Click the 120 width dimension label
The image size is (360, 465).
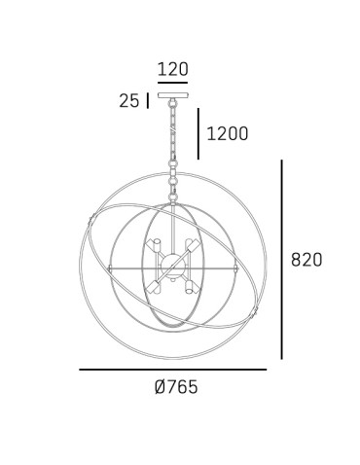click(172, 69)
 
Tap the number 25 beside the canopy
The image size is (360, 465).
click(128, 100)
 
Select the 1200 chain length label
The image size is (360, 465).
click(227, 133)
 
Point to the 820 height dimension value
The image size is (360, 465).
click(306, 260)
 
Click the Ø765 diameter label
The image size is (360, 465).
click(175, 387)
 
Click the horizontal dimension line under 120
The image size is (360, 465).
click(172, 84)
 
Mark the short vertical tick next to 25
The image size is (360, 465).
click(147, 100)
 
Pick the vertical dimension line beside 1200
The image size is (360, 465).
click(199, 133)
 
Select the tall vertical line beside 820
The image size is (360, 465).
click(281, 260)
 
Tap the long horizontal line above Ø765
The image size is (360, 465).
click(172, 370)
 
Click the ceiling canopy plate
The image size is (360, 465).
click(172, 99)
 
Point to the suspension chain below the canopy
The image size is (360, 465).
click(173, 136)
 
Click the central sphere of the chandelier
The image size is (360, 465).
click(172, 265)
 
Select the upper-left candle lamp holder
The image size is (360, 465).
click(154, 246)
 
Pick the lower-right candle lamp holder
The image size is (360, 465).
click(190, 288)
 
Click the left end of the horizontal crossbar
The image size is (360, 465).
click(110, 266)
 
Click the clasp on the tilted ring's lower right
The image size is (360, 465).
click(256, 311)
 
